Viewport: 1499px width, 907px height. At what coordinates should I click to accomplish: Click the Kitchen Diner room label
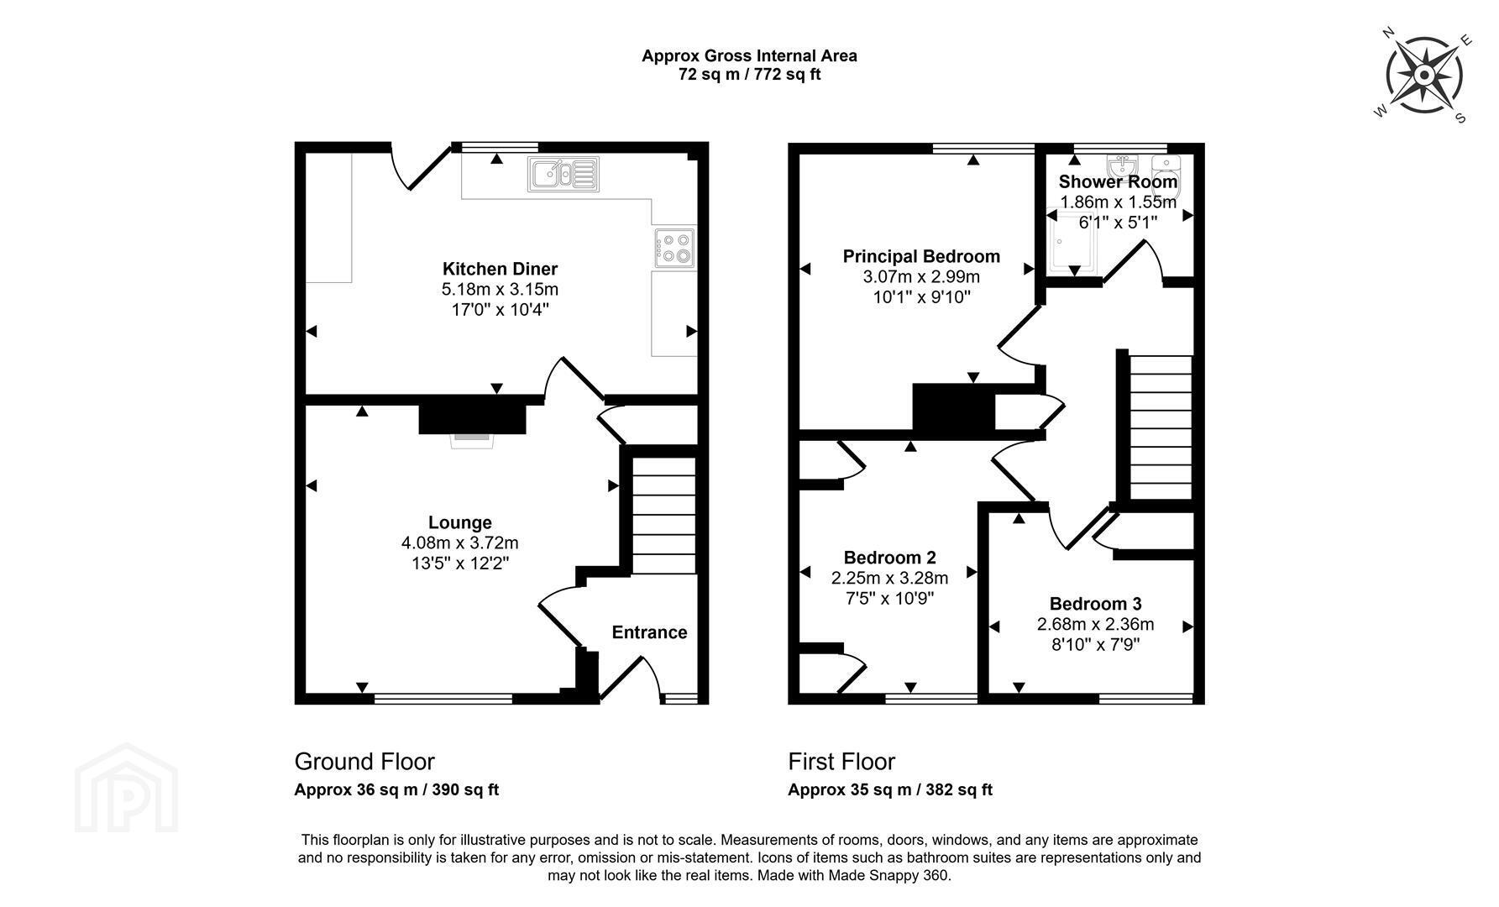(500, 269)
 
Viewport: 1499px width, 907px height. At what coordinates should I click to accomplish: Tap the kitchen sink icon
(563, 174)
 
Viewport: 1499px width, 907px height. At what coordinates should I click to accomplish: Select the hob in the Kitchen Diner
(674, 248)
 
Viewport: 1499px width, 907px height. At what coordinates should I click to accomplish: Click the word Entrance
(649, 632)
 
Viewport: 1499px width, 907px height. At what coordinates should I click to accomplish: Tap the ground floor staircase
(663, 516)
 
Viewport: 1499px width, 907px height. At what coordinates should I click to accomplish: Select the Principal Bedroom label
(921, 256)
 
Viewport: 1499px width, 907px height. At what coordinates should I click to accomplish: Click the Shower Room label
(1118, 181)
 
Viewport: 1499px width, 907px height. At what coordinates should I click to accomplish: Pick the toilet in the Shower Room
(1166, 173)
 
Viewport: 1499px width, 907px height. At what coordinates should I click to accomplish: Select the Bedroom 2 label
(889, 558)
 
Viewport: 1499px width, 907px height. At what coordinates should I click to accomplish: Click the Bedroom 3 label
(1095, 604)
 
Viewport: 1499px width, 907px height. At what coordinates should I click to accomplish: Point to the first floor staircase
(1160, 427)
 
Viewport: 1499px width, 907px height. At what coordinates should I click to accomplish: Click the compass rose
(1424, 76)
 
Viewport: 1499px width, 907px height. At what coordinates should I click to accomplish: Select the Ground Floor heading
(364, 762)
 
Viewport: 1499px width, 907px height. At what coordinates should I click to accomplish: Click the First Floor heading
(841, 762)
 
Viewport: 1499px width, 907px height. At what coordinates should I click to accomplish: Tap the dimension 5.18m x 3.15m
(500, 289)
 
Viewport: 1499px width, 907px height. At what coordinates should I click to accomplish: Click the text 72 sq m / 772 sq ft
(749, 74)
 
